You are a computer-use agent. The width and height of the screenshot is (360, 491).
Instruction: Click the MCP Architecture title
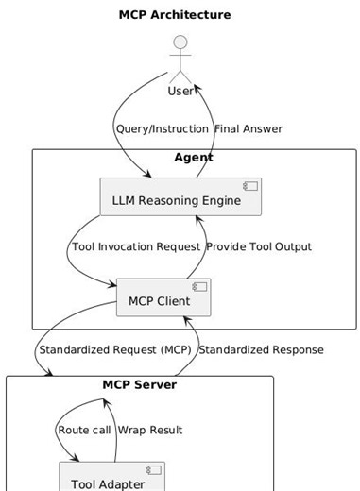point(175,15)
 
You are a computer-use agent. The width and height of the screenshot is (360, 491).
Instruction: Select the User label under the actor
point(180,91)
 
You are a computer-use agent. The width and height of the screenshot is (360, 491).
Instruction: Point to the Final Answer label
point(249,128)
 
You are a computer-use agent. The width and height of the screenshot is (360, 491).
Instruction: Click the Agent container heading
point(194,158)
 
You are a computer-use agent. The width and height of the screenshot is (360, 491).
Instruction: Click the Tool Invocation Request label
point(135,246)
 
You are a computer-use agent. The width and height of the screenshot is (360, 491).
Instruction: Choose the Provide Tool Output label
point(259,246)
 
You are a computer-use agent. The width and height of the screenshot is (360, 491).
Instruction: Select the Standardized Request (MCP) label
point(114,349)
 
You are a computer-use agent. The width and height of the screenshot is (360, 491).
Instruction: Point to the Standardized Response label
point(262,349)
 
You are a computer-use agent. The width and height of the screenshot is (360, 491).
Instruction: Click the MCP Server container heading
point(139,384)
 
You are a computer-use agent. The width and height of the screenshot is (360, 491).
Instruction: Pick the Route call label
point(84,430)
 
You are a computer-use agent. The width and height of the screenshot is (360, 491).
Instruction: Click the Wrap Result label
point(150,430)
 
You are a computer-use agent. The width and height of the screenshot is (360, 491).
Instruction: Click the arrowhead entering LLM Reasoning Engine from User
point(147,175)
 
